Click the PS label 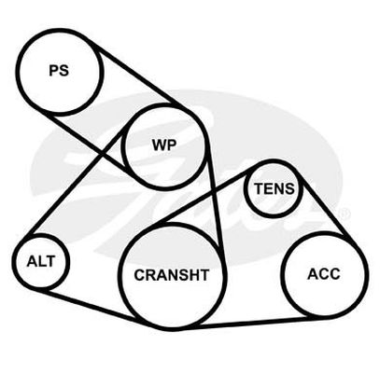(59, 70)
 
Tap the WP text (164, 145)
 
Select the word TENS (274, 188)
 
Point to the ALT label (41, 261)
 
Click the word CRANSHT (172, 275)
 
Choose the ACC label (324, 274)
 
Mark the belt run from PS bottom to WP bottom (91, 144)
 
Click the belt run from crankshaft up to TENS (207, 197)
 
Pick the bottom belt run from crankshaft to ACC (246, 323)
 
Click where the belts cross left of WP (103, 154)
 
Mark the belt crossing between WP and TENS (214, 191)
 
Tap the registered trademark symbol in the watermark (345, 214)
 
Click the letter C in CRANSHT (139, 275)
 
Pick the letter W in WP (160, 145)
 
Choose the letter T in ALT (50, 261)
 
